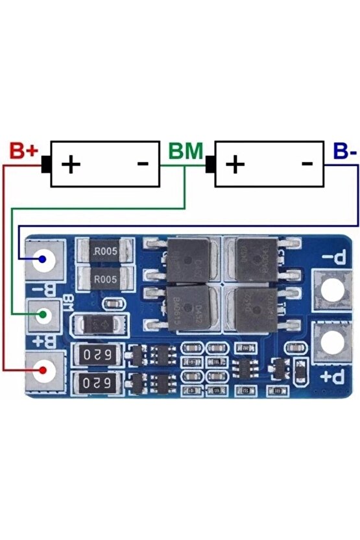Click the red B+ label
coord(24,151)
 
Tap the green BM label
coord(185,151)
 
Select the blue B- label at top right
coord(344,151)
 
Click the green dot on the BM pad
coord(43,315)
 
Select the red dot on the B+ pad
coord(43,371)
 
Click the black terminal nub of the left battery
coord(46,164)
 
